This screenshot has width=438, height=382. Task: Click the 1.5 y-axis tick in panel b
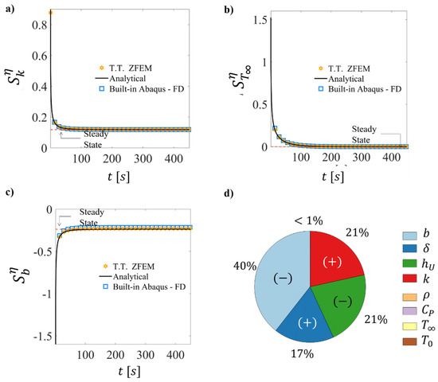253,18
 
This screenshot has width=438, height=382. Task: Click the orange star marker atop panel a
50,13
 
